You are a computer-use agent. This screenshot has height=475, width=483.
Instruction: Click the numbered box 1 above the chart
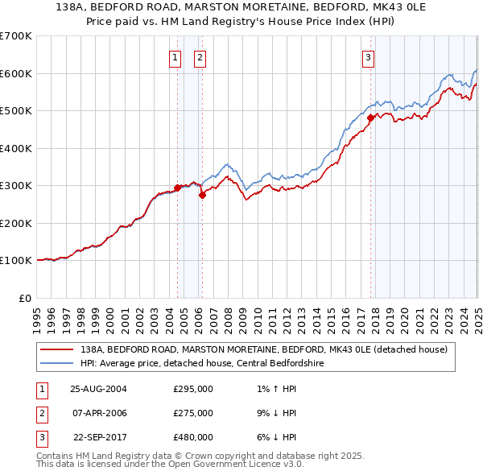click(175, 57)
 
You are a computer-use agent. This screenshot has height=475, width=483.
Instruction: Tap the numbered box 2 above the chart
click(199, 57)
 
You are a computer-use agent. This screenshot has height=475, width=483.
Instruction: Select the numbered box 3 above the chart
click(367, 57)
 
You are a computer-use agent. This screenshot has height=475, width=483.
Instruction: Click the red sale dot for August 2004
click(178, 188)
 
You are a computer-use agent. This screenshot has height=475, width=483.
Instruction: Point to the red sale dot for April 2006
click(202, 195)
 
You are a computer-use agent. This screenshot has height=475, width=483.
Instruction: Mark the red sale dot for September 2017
click(370, 118)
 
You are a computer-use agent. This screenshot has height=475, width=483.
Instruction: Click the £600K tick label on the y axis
click(15, 73)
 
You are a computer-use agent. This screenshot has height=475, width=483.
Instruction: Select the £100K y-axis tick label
click(15, 260)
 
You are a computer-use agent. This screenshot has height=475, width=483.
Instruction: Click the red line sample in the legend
click(56, 349)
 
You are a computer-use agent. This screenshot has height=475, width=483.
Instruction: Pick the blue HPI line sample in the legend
click(56, 362)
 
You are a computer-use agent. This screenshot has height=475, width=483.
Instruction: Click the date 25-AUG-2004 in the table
click(99, 388)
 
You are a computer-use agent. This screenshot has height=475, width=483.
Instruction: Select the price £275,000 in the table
click(193, 413)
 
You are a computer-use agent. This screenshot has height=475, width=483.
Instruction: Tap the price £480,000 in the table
click(193, 438)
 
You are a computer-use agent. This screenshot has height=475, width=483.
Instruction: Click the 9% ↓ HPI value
click(275, 413)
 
